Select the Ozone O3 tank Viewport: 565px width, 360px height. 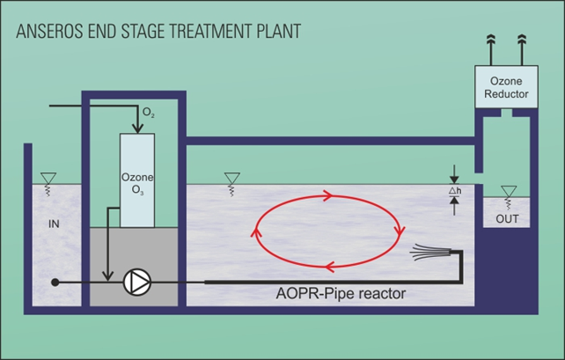[x=136, y=180]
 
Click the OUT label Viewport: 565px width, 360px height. [x=507, y=217]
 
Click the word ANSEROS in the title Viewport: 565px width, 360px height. [x=47, y=31]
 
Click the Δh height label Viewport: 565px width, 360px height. [x=454, y=190]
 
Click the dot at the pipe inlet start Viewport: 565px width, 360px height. [x=55, y=283]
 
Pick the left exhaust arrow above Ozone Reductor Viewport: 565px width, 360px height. [x=489, y=41]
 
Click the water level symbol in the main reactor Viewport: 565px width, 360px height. [x=231, y=181]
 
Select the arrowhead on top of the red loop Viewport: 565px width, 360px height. [x=328, y=195]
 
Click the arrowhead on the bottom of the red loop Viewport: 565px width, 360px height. [x=327, y=268]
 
